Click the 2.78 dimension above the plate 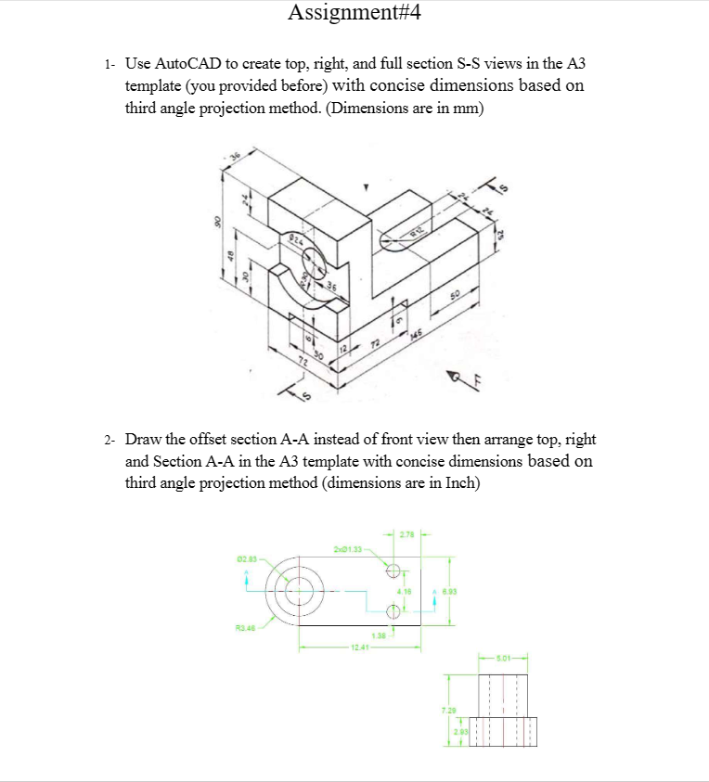click(x=406, y=532)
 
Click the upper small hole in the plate click(x=393, y=570)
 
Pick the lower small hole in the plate click(x=393, y=611)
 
